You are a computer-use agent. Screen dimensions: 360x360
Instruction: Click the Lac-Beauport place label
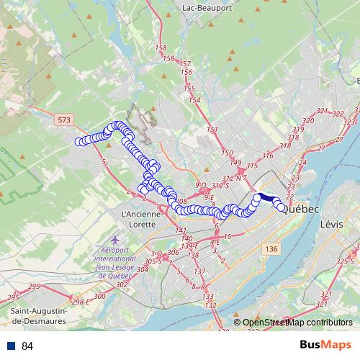coord(207,7)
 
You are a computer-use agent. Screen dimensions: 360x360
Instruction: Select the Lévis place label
coord(331,224)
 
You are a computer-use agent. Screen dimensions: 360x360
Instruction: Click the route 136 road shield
coord(270,248)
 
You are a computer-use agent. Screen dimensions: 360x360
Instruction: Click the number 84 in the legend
coord(27,346)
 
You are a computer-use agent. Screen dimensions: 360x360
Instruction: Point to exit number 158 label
coord(161,48)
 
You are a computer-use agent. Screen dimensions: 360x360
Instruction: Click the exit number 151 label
coord(212,130)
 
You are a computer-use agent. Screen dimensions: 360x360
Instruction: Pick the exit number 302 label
coord(121,284)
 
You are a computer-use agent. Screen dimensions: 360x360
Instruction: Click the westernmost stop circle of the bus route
coord(79,141)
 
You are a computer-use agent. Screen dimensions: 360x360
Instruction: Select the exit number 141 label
coord(181,230)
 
